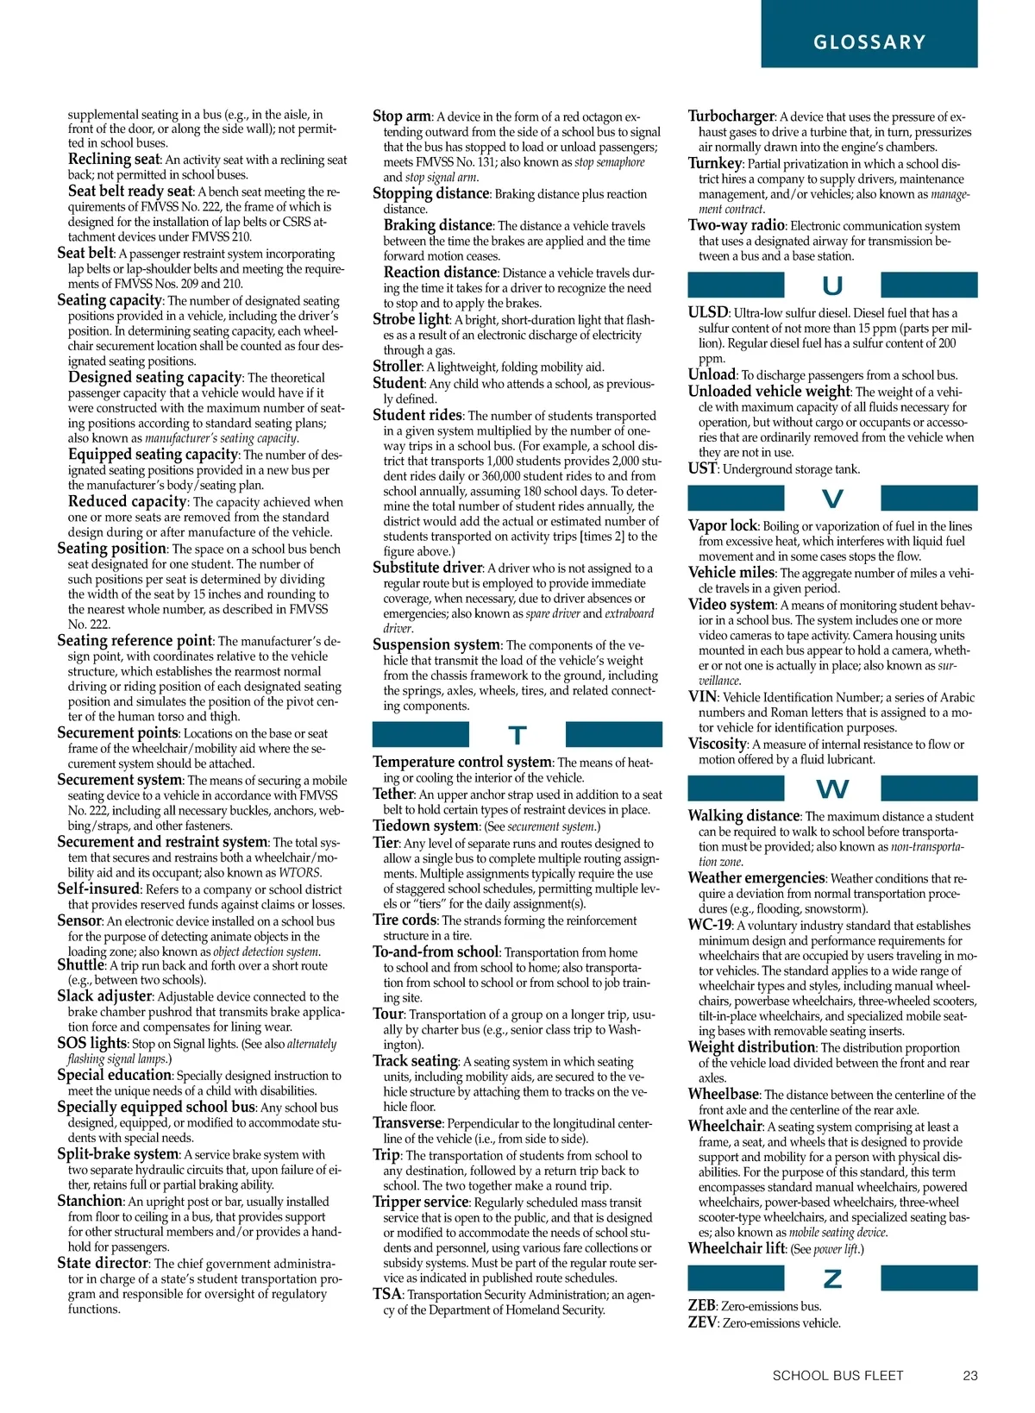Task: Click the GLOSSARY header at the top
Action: click(x=869, y=42)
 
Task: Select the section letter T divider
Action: click(x=517, y=735)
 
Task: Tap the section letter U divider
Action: click(x=832, y=286)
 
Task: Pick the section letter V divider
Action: click(x=832, y=499)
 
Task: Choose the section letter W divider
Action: click(x=832, y=788)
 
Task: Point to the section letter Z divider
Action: click(x=832, y=1278)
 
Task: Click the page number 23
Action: click(x=970, y=1376)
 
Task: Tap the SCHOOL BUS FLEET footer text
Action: click(x=837, y=1376)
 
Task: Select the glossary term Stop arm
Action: click(x=402, y=116)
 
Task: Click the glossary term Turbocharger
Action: click(x=731, y=116)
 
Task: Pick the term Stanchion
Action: click(x=90, y=1201)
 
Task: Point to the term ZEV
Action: click(x=702, y=1322)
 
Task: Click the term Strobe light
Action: click(x=411, y=319)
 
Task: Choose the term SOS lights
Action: click(x=91, y=1043)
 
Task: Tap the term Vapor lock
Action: click(x=723, y=525)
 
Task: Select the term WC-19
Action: click(x=709, y=925)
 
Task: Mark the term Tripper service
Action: click(x=421, y=1203)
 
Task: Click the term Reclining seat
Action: click(x=114, y=159)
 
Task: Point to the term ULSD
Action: click(x=708, y=312)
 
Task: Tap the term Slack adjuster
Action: click(x=104, y=995)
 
